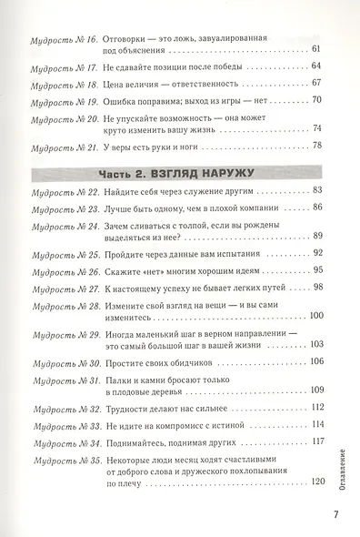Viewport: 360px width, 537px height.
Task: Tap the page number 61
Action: click(x=315, y=49)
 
